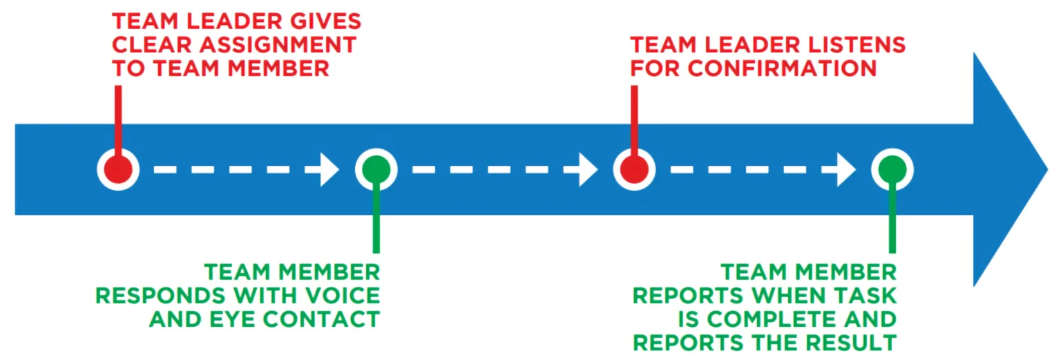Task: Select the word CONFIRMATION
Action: (783, 68)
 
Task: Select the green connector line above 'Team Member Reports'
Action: (892, 221)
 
